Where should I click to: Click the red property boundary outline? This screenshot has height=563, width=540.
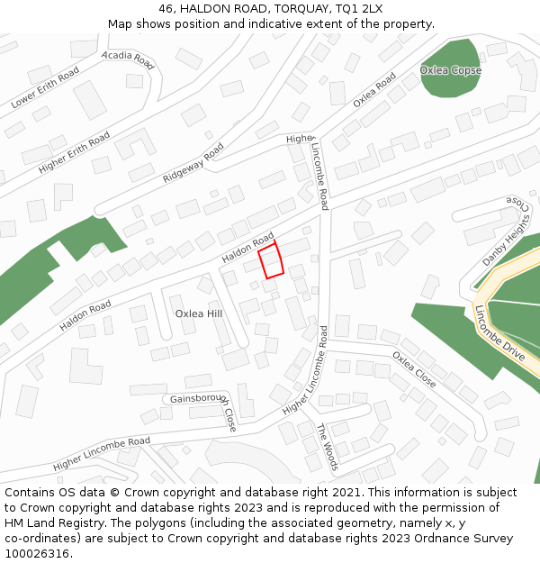(x=271, y=260)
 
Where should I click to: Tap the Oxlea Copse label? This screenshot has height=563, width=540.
(x=450, y=70)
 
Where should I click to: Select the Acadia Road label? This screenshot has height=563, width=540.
(x=128, y=60)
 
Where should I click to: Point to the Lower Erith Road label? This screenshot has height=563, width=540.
(x=45, y=87)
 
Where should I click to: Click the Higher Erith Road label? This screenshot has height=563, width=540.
(x=75, y=152)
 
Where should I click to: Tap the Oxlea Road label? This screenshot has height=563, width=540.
(x=374, y=90)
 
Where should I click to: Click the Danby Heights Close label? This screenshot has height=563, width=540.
(x=506, y=233)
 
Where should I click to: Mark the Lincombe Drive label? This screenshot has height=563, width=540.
(x=499, y=334)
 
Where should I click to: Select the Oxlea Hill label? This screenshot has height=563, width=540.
(x=198, y=313)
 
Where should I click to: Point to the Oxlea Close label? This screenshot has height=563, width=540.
(x=414, y=369)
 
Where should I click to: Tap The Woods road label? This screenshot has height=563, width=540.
(x=327, y=447)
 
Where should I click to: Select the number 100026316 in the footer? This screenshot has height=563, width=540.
(x=38, y=554)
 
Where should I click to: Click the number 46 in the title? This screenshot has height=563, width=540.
(x=166, y=8)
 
